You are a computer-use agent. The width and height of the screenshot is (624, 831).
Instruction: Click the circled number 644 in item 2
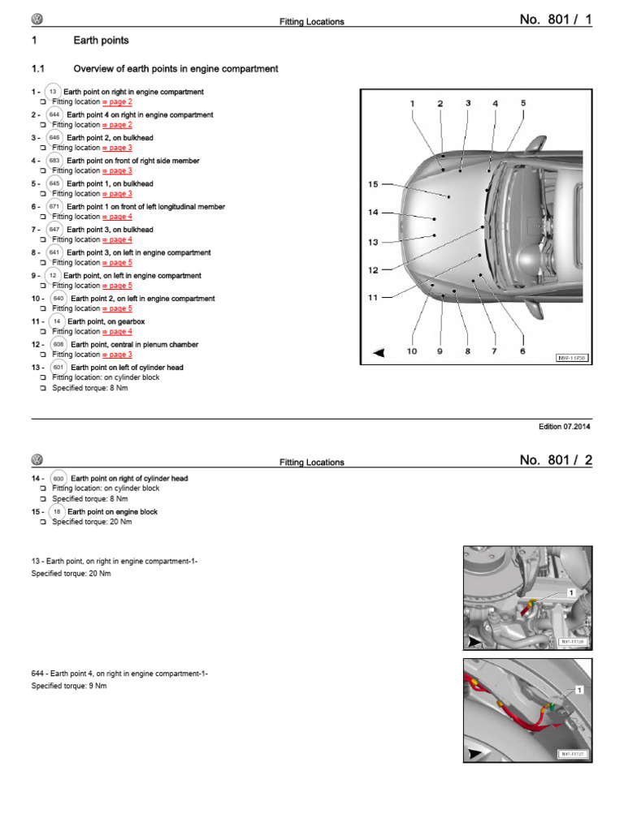pyautogui.click(x=54, y=115)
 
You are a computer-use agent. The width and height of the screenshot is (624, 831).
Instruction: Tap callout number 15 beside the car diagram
pyautogui.click(x=373, y=184)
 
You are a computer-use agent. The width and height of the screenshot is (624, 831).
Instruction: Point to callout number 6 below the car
pyautogui.click(x=522, y=351)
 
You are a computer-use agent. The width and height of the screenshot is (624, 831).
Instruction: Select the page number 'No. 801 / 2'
pyautogui.click(x=556, y=461)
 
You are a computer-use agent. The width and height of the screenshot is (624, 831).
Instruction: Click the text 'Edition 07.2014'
pyautogui.click(x=565, y=426)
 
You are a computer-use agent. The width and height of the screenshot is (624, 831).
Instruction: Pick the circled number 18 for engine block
pyautogui.click(x=56, y=512)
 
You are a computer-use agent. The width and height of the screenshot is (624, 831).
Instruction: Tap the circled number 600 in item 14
pyautogui.click(x=58, y=479)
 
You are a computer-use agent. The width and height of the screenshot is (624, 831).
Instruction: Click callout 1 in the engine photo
pyautogui.click(x=571, y=593)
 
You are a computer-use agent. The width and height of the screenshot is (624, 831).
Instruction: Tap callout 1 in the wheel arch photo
pyautogui.click(x=579, y=690)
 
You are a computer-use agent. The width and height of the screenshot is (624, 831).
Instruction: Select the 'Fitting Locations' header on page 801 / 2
pyautogui.click(x=311, y=463)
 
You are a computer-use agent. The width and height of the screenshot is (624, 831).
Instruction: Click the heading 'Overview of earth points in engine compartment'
pyautogui.click(x=175, y=69)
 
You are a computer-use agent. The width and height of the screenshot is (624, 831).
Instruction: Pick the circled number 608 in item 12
pyautogui.click(x=58, y=344)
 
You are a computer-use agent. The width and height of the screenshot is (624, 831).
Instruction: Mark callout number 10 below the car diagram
pyautogui.click(x=412, y=351)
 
